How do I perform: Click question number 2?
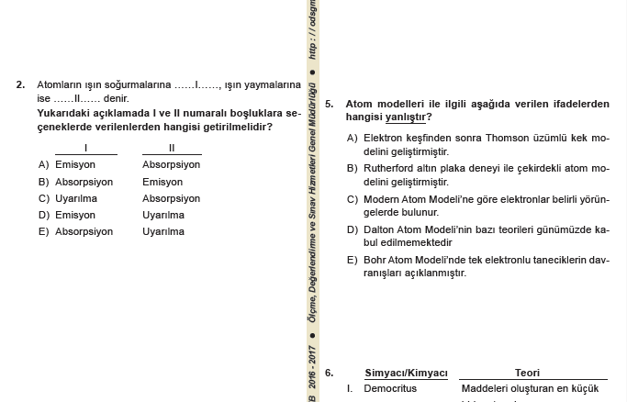point(20,85)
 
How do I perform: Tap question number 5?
point(329,105)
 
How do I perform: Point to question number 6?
point(329,374)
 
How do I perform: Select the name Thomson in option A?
point(506,139)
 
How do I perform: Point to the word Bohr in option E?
point(375,260)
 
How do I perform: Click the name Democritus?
point(390,389)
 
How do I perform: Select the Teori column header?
point(527,374)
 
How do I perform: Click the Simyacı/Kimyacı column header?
point(406,374)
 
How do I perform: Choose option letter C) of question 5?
point(353,199)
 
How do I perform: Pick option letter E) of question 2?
point(43,232)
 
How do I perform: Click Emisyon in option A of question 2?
point(75,165)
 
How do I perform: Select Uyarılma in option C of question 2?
point(76,198)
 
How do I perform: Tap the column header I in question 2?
point(85,148)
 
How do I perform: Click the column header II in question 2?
point(172,148)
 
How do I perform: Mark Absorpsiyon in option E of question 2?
point(84,232)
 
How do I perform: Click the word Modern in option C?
point(382,199)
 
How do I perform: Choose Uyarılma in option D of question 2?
point(163,216)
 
